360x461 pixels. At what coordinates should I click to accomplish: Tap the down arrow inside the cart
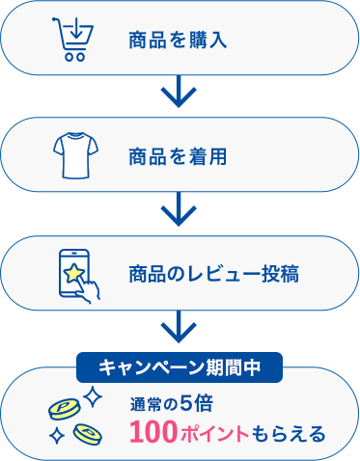click(72, 29)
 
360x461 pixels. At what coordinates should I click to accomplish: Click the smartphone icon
click(72, 273)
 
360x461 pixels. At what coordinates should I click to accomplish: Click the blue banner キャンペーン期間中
click(179, 367)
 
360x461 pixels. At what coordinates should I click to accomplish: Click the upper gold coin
click(66, 409)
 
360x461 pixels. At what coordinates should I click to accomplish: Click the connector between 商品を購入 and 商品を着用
click(179, 94)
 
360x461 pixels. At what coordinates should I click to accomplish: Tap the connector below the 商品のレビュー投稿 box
click(179, 328)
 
